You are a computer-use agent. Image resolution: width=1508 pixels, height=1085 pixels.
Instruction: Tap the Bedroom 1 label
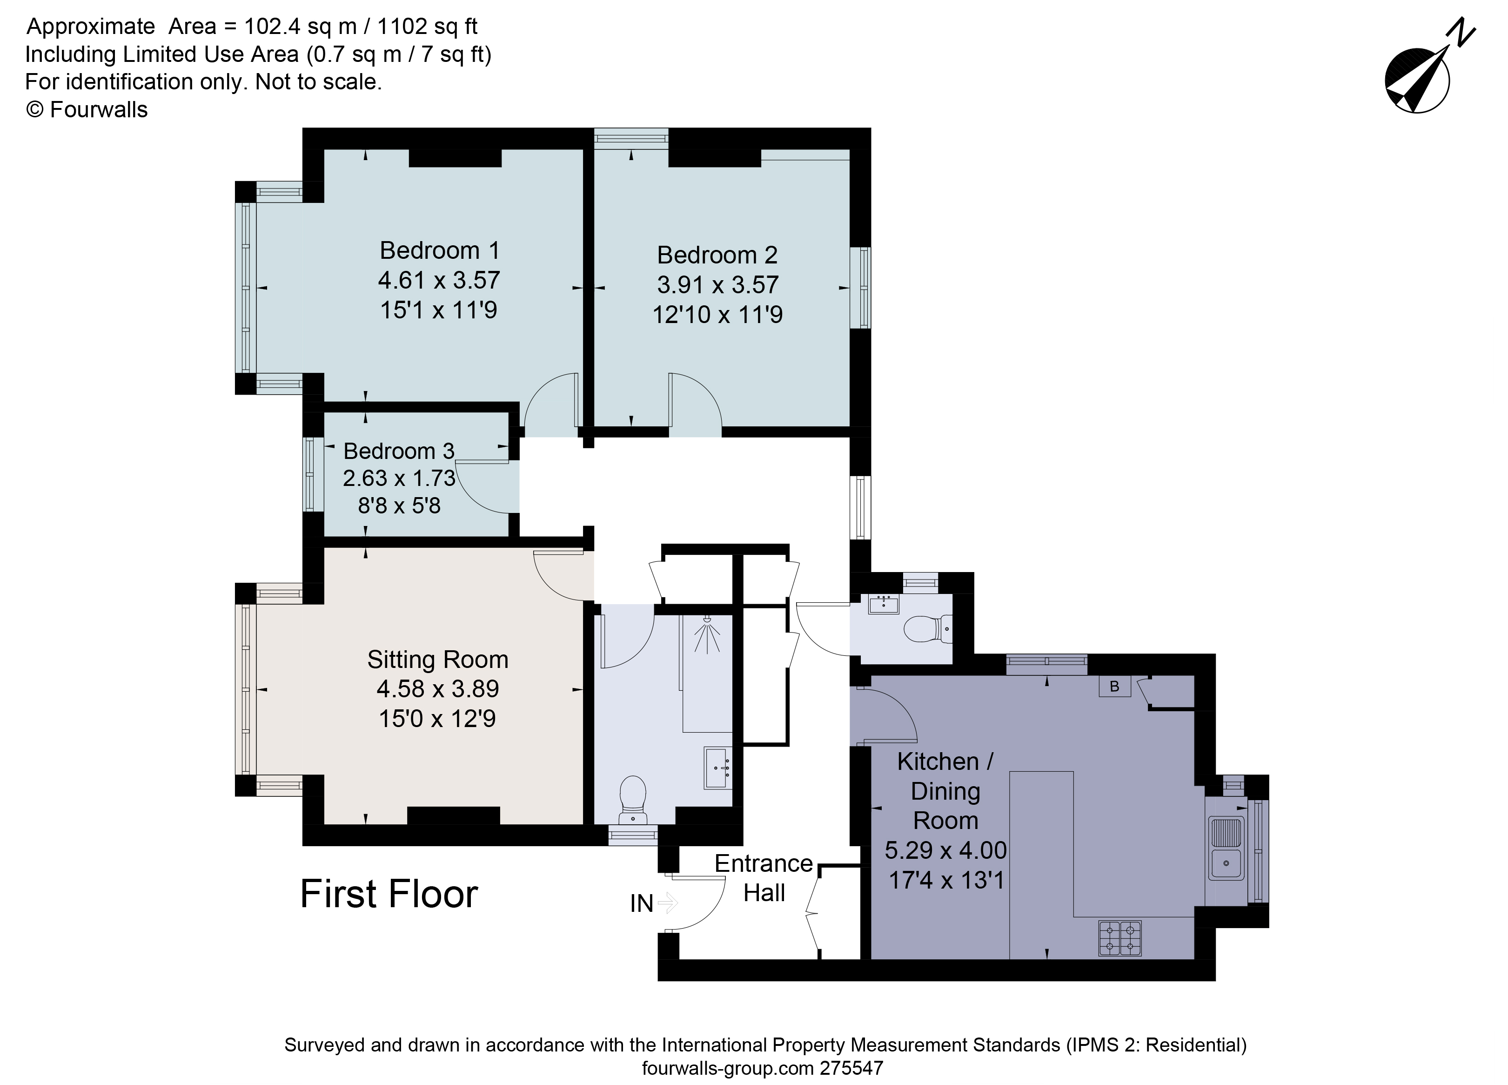point(439,251)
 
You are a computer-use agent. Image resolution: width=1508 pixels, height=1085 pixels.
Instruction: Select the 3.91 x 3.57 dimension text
point(717,285)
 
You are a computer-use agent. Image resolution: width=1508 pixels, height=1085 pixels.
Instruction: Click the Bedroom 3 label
point(399,451)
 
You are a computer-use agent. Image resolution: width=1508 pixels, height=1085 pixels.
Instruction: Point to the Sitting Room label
point(437,659)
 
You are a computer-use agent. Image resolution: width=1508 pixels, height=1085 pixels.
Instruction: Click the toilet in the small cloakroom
point(928,628)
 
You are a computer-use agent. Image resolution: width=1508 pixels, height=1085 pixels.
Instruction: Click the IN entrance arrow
point(667,903)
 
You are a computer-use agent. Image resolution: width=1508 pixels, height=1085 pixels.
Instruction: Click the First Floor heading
point(389,894)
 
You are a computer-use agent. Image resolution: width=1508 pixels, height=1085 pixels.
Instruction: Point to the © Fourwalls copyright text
point(87,110)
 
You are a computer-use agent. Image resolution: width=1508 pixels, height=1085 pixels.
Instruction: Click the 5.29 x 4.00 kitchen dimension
point(945,850)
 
